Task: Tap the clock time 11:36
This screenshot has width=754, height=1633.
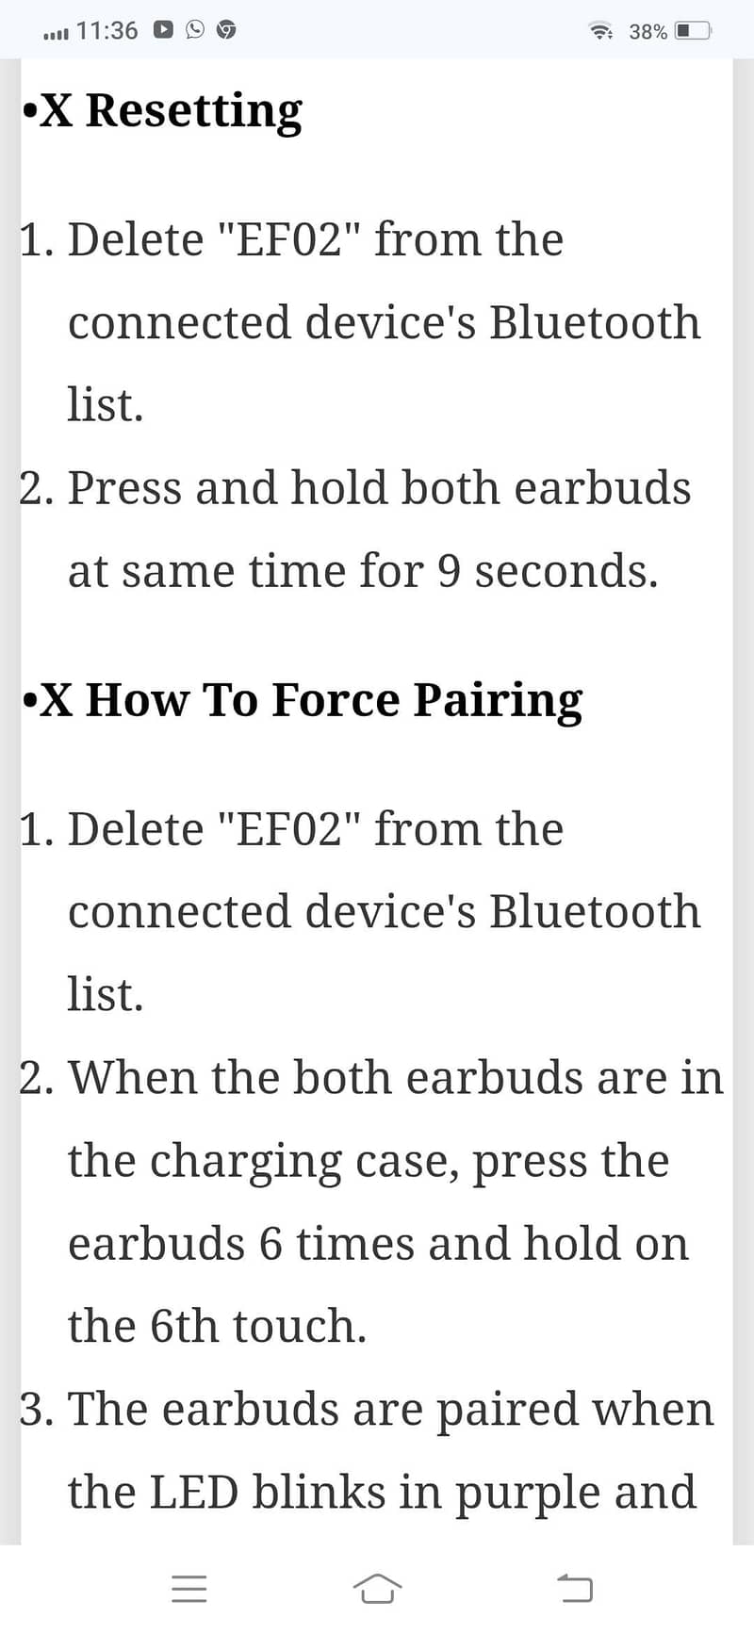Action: click(107, 30)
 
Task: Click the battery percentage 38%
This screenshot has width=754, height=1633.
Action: click(647, 31)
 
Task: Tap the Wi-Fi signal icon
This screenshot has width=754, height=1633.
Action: click(600, 30)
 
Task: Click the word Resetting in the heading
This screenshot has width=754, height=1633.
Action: click(194, 112)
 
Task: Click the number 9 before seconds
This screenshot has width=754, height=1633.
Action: click(450, 571)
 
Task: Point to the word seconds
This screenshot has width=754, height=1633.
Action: click(566, 571)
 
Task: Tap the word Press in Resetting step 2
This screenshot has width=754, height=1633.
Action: click(124, 488)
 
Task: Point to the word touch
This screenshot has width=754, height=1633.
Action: click(300, 1326)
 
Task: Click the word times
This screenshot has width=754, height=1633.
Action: click(355, 1244)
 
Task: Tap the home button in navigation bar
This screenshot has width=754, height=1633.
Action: click(377, 1588)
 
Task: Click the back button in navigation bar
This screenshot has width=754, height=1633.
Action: click(575, 1588)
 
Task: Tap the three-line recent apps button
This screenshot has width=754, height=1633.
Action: click(189, 1589)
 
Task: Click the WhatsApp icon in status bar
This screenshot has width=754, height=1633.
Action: click(195, 30)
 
